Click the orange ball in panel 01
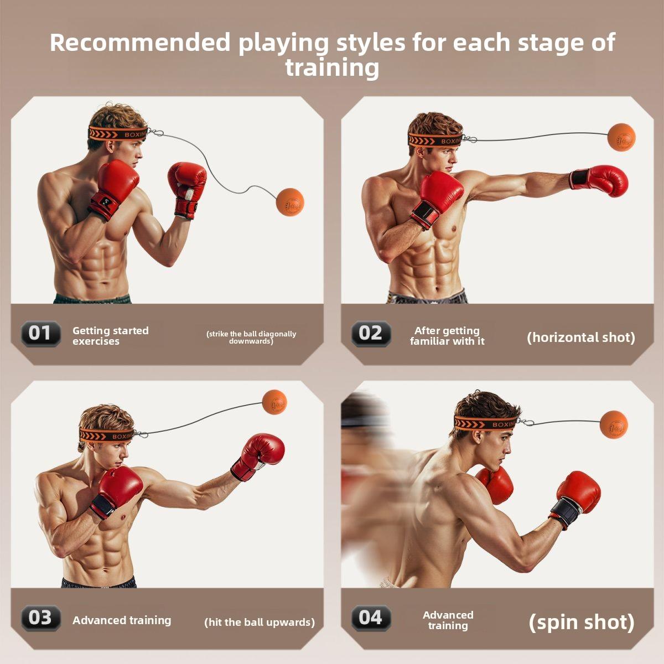coord(290,202)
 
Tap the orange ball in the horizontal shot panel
coord(621,138)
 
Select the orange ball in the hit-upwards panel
coord(274,402)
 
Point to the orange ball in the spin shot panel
coord(614,424)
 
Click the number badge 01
coord(40,333)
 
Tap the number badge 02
coord(371,333)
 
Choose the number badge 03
coord(40,618)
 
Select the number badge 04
coord(371,618)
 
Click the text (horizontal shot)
coord(581,337)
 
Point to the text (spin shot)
coord(582,622)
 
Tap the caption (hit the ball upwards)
coord(260,622)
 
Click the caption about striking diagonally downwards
coord(251,337)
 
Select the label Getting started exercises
coord(110,336)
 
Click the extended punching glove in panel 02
coord(600,180)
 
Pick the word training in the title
coord(332,68)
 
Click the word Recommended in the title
coord(139,43)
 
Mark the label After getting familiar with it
coord(447,336)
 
